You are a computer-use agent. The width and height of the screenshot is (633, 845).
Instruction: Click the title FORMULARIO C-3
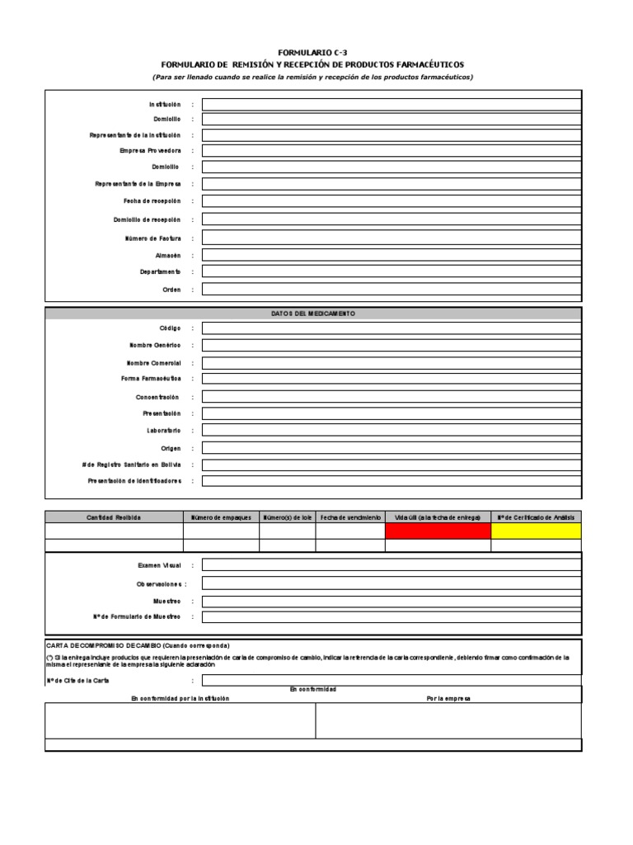pyautogui.click(x=312, y=53)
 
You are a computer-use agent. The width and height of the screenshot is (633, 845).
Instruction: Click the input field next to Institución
pyautogui.click(x=391, y=104)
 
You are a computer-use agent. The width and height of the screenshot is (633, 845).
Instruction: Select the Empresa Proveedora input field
pyautogui.click(x=391, y=151)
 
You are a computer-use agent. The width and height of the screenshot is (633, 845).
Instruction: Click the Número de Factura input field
pyautogui.click(x=391, y=238)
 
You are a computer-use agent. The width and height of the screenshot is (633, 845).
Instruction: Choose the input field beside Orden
pyautogui.click(x=391, y=290)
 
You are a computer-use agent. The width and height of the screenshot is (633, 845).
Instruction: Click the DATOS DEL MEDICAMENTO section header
pyautogui.click(x=312, y=314)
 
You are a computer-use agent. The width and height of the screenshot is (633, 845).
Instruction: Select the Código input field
pyautogui.click(x=391, y=328)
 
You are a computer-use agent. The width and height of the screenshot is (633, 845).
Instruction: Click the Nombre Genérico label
pyautogui.click(x=154, y=345)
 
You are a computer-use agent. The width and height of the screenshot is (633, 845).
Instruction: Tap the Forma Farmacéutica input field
pyautogui.click(x=391, y=379)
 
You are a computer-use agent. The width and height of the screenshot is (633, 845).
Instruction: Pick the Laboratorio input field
pyautogui.click(x=391, y=431)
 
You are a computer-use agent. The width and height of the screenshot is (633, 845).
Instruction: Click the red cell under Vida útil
pyautogui.click(x=437, y=531)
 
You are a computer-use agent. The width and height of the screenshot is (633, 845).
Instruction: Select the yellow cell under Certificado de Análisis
pyautogui.click(x=536, y=531)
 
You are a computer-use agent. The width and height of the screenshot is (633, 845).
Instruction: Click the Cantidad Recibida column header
pyautogui.click(x=114, y=517)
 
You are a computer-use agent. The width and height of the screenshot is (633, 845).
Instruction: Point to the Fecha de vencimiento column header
pyautogui.click(x=349, y=517)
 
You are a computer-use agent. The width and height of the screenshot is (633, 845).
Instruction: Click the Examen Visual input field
pyautogui.click(x=391, y=565)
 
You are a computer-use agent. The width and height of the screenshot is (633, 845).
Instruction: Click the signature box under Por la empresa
pyautogui.click(x=448, y=720)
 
